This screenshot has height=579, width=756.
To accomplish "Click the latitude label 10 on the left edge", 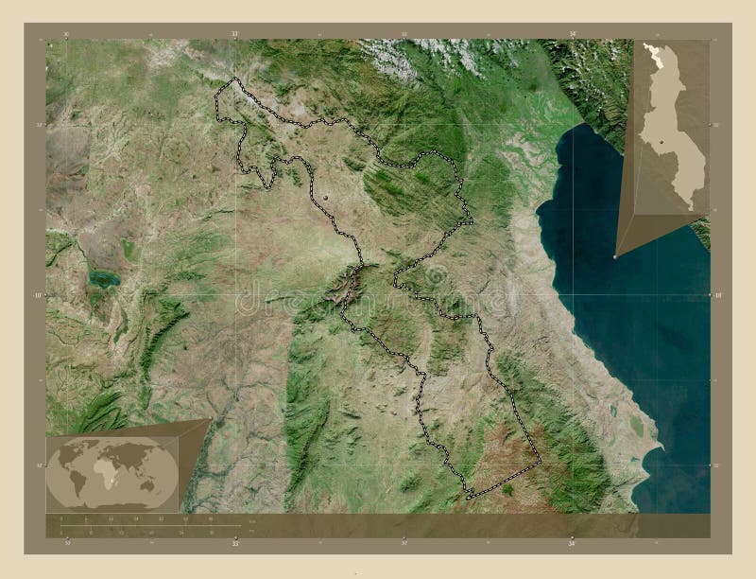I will (x=39, y=295).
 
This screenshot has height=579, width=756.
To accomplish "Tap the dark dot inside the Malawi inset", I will (x=662, y=142).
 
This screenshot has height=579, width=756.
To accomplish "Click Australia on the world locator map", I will (x=155, y=484).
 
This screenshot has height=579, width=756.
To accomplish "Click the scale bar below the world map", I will (x=151, y=524).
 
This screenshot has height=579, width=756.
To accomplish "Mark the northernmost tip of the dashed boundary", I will (x=234, y=78).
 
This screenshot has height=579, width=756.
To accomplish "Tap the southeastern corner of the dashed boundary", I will (x=541, y=463).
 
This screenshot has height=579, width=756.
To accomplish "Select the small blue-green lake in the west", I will (x=102, y=278).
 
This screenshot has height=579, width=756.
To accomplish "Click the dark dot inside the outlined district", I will (x=327, y=196).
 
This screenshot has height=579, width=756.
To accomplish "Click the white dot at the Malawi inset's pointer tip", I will (x=616, y=255).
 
